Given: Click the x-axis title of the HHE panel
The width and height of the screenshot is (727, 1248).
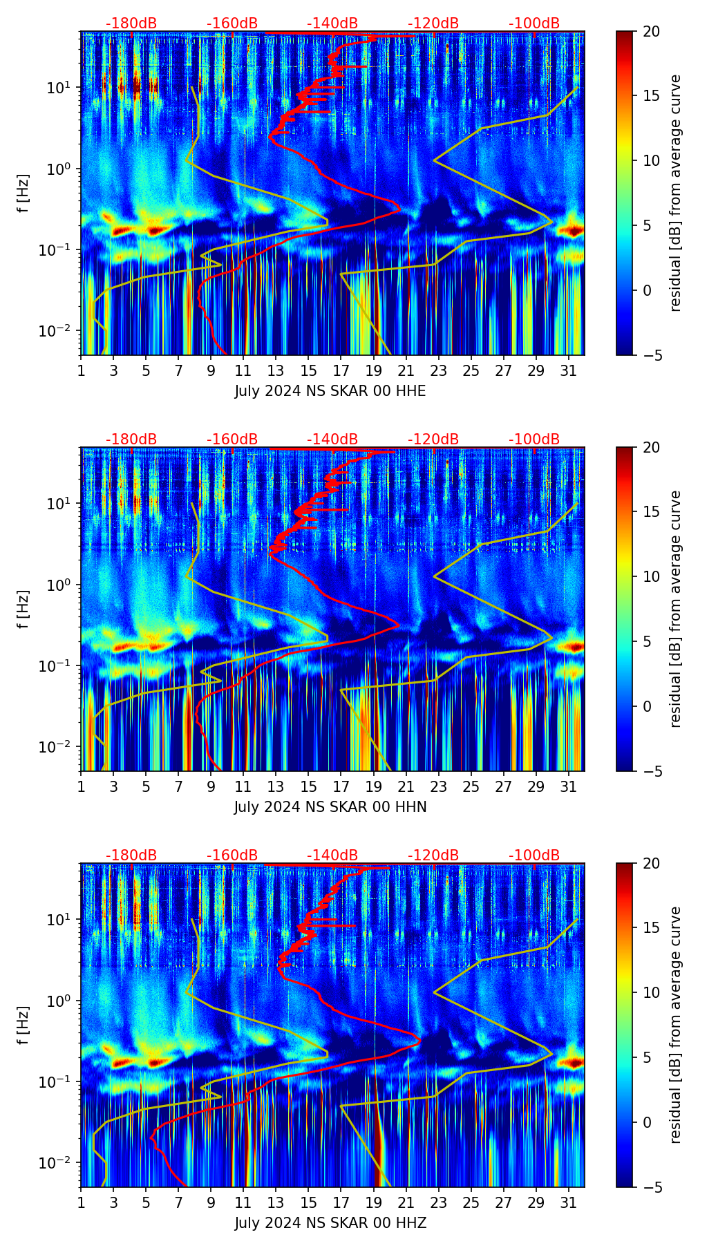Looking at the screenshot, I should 330,391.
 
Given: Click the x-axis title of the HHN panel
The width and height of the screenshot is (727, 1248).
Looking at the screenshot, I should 330,807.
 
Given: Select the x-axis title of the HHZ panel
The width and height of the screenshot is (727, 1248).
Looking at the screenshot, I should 330,1223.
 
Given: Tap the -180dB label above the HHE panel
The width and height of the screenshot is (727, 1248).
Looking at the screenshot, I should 131,23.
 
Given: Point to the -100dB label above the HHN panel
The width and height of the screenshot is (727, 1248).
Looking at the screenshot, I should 534,439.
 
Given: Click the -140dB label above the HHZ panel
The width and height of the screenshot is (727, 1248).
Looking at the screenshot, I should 332,855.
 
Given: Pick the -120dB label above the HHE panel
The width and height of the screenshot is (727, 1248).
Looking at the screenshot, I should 433,23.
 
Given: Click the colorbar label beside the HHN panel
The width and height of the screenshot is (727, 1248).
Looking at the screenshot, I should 675,608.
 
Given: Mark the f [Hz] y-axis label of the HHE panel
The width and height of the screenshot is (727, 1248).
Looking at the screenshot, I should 23,193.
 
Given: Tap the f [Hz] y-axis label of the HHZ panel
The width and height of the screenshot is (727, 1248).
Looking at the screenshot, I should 23,1025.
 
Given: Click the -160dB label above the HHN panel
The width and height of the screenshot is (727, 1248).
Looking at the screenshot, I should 232,439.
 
